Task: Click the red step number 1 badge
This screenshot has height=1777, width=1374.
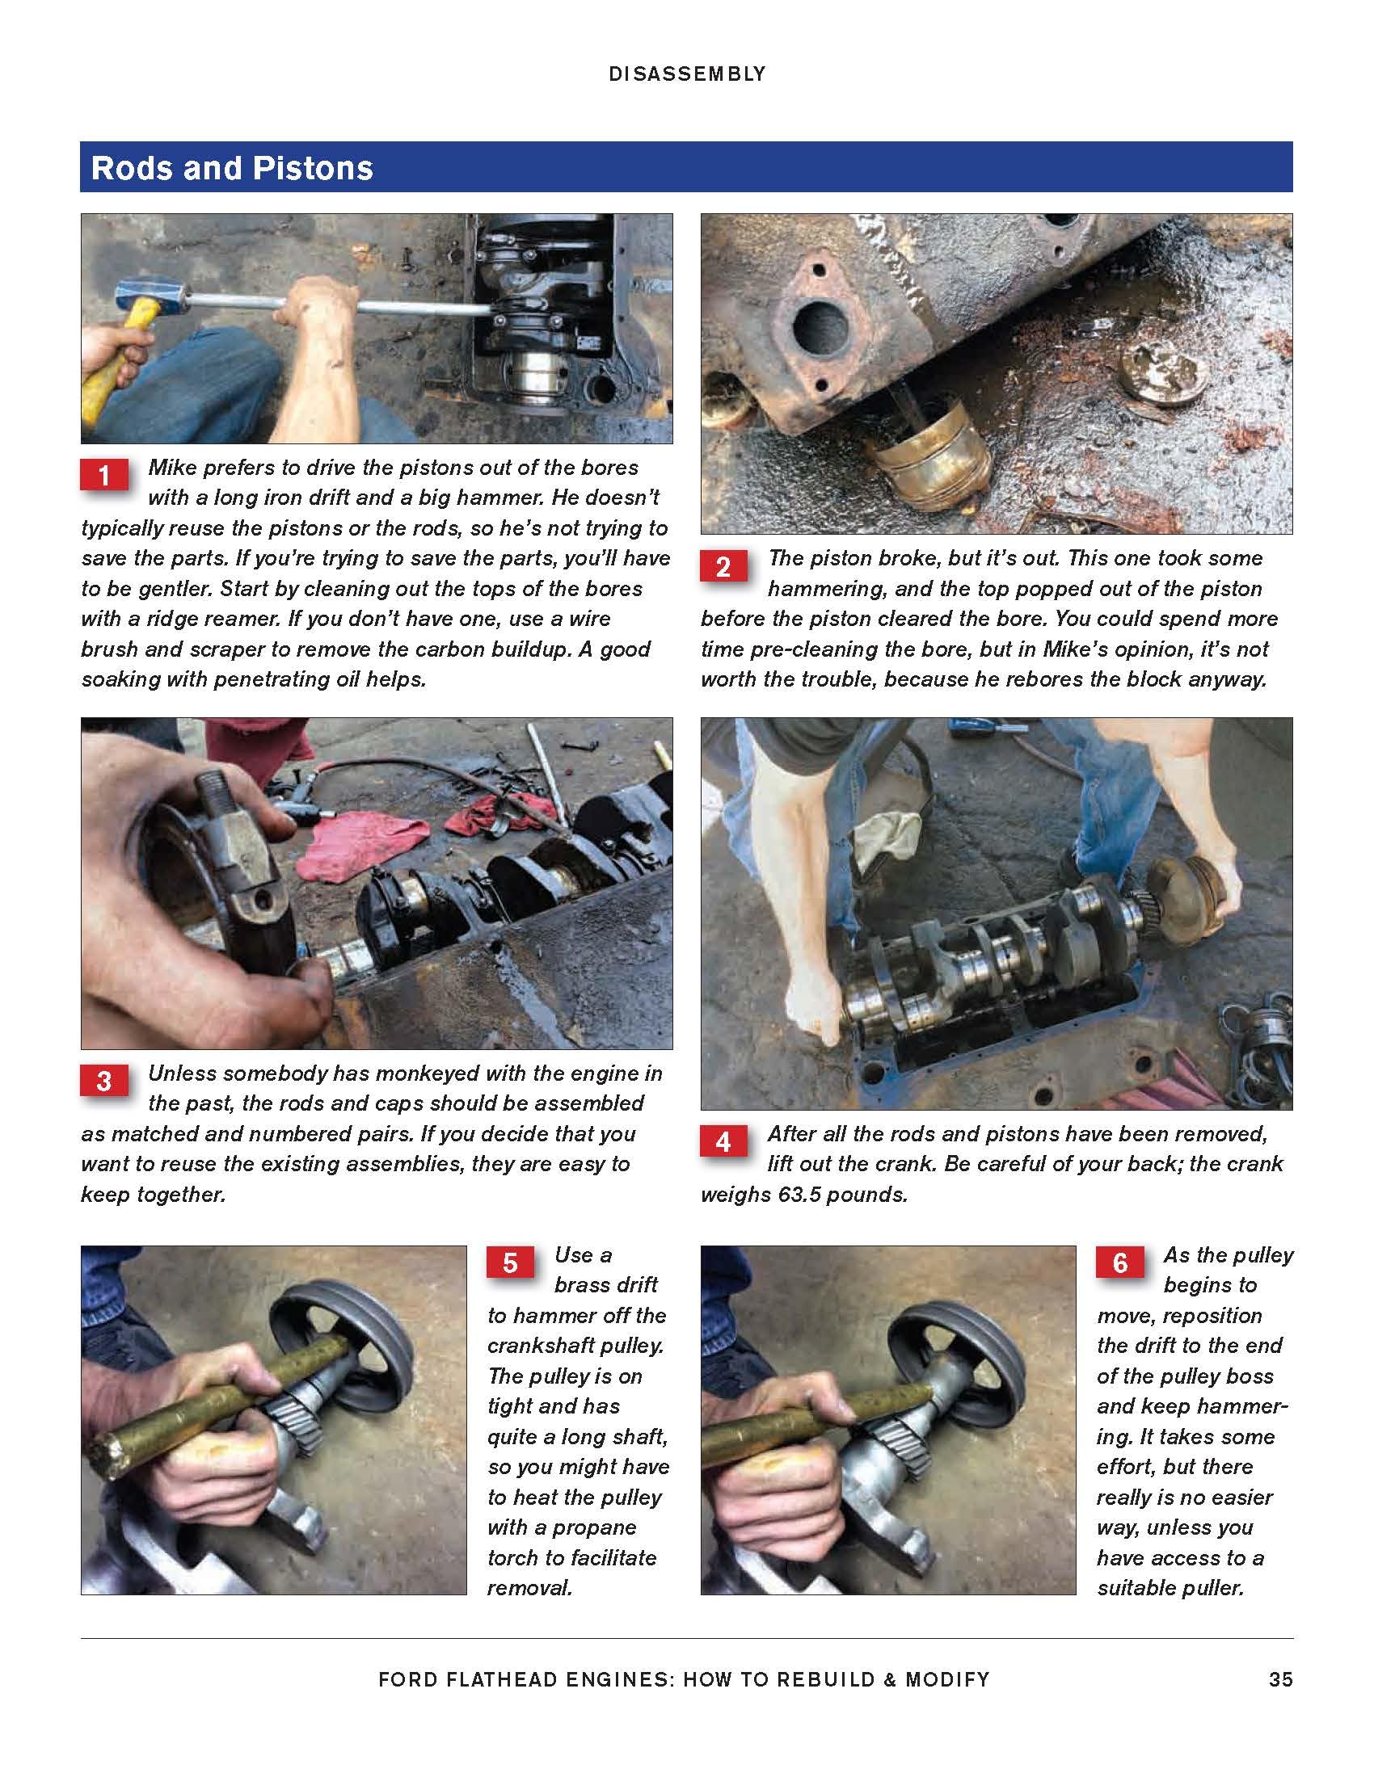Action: [104, 475]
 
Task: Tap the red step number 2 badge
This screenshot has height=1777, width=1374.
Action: [723, 566]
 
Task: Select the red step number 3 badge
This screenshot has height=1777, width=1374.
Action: [104, 1081]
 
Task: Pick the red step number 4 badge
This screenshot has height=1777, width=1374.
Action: [723, 1141]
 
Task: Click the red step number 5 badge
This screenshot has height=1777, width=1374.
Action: [510, 1262]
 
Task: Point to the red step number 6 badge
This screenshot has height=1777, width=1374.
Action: [1120, 1262]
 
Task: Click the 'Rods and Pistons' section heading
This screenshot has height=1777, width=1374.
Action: [232, 168]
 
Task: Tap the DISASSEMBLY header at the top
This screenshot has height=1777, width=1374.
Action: [687, 74]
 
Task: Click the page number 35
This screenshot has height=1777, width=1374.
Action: [1280, 1679]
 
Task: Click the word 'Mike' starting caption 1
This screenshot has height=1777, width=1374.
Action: [173, 468]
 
